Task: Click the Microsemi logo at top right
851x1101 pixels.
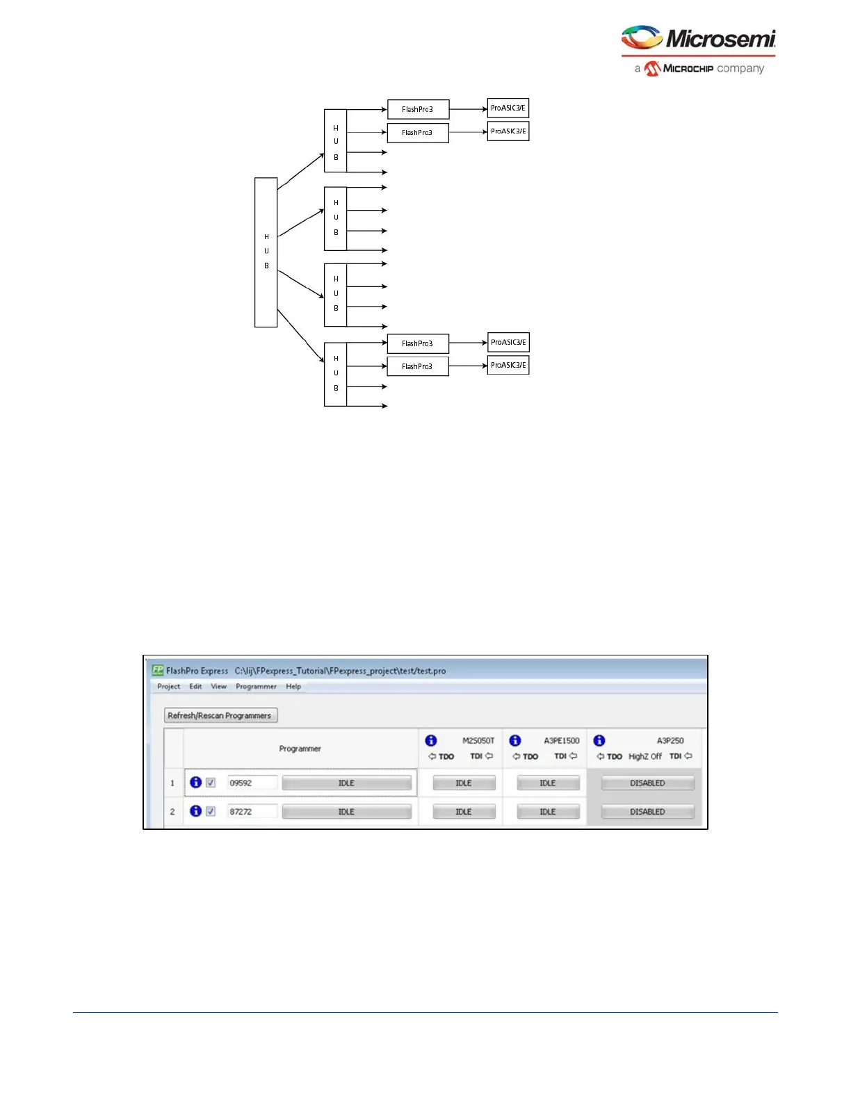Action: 698,38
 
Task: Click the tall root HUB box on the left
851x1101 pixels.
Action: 266,252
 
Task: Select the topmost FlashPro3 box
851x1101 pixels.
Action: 418,109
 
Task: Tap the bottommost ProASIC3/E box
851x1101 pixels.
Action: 508,365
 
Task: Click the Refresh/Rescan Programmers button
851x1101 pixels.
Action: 220,715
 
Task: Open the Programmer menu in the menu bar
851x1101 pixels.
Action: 256,686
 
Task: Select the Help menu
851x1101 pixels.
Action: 293,686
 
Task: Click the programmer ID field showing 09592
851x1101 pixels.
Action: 252,783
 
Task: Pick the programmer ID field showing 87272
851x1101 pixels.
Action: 252,811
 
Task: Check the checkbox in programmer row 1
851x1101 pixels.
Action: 211,783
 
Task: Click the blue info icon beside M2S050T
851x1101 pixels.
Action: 431,740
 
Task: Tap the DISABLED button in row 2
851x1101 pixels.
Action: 647,811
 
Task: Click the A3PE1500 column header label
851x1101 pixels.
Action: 561,740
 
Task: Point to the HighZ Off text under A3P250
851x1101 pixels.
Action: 645,756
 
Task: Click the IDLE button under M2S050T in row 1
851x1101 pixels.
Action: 464,783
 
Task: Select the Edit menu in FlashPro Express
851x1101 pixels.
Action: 195,686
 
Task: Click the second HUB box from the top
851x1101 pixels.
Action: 335,218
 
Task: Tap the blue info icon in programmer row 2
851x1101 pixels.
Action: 196,811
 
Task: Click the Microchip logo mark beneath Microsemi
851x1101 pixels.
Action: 652,68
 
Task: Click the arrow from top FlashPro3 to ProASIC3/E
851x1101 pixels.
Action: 468,109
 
